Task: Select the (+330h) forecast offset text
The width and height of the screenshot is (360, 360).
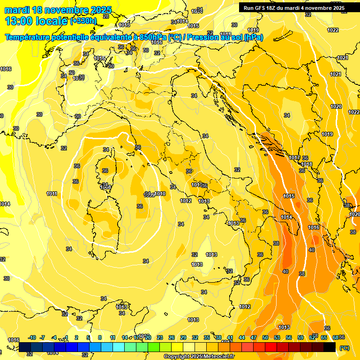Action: click(83, 21)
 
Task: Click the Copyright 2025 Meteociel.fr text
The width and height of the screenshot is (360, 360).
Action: click(199, 357)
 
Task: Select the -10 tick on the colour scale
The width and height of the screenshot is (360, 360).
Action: click(32, 337)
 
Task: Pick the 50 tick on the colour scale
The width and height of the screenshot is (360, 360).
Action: click(265, 337)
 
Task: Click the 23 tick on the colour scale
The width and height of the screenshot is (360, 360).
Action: click(160, 337)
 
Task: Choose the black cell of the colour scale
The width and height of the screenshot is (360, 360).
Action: click(330, 347)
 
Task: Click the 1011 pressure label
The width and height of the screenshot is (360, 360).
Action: click(52, 194)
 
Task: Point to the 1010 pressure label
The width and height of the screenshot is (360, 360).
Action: click(160, 194)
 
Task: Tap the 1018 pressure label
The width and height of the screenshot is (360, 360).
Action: click(307, 164)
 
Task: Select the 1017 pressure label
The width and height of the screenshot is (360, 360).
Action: click(294, 157)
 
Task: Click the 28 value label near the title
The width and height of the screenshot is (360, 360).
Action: click(106, 16)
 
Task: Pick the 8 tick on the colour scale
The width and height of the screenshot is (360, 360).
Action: click(100, 337)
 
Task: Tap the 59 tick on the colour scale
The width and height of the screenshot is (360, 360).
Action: click(300, 337)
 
